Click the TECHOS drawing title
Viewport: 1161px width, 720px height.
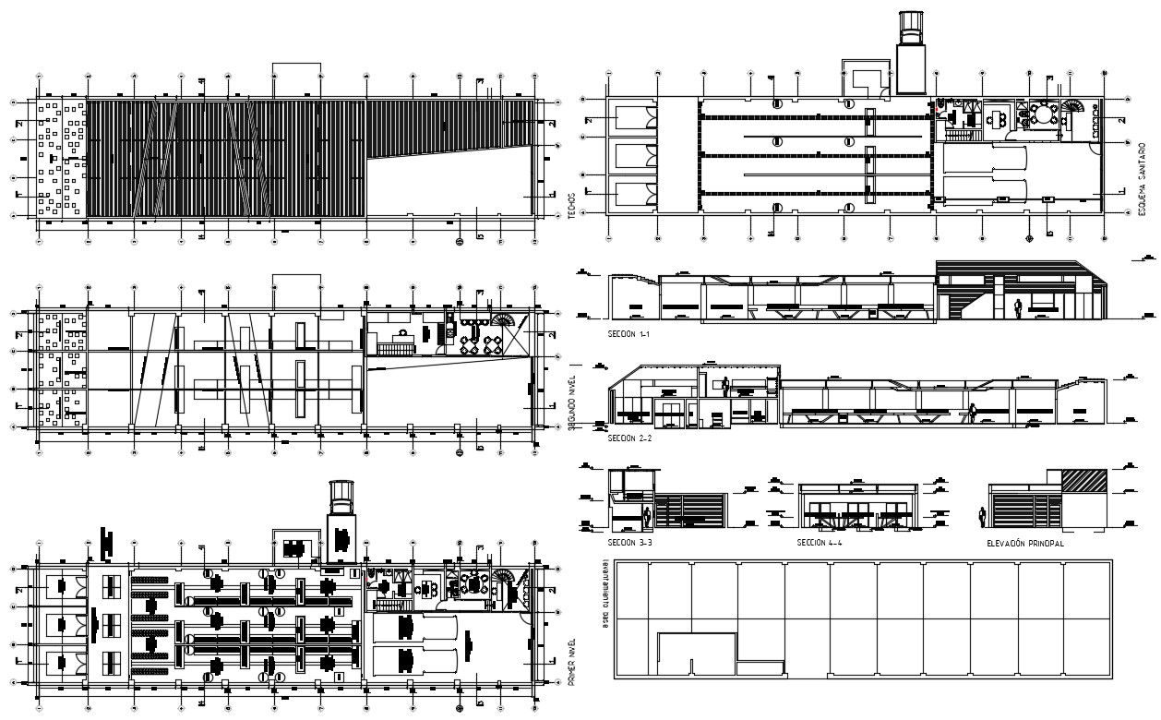tap(573, 204)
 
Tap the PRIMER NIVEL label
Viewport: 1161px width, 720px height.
tap(573, 662)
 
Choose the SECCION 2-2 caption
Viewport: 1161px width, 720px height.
tap(631, 438)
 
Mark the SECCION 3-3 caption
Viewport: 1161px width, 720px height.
tap(631, 544)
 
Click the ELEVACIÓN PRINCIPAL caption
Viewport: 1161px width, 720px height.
tap(1024, 544)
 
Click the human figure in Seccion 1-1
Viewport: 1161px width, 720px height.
tap(1018, 310)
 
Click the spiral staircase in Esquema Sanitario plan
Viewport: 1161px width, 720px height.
tap(1073, 112)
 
